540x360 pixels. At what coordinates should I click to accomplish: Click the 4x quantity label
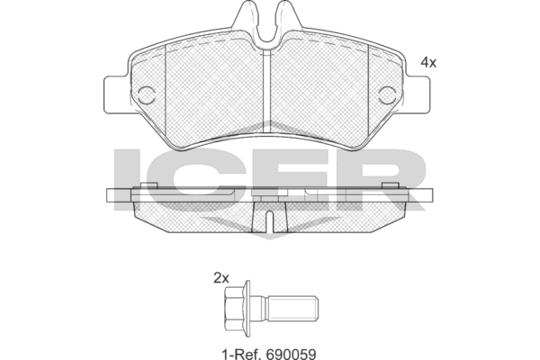click(428, 63)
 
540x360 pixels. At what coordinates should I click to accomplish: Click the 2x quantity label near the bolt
click(221, 278)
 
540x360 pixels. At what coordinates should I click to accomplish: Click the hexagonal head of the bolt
click(234, 309)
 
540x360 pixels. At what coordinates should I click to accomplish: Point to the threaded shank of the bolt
click(292, 309)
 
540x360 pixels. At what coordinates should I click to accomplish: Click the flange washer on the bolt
click(247, 309)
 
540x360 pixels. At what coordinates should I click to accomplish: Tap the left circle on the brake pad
click(147, 95)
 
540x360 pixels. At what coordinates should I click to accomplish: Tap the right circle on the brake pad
click(387, 95)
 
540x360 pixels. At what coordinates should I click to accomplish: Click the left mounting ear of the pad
click(116, 94)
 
